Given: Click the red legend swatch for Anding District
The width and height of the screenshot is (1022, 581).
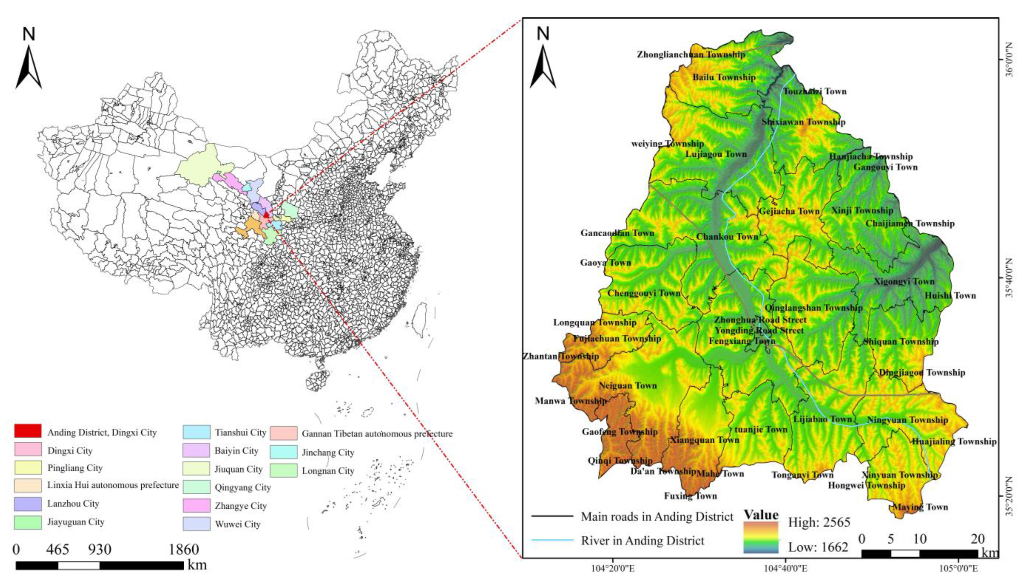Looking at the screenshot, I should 28,431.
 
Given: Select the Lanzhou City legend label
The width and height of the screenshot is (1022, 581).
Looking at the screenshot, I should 73,504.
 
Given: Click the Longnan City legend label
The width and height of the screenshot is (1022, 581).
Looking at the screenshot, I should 328,471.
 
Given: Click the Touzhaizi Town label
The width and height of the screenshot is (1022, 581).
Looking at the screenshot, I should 815,92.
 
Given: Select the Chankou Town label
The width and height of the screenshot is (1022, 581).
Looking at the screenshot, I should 727,237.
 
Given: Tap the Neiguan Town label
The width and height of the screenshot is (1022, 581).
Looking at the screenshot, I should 628,385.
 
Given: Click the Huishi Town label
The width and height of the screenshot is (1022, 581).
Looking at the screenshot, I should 950,296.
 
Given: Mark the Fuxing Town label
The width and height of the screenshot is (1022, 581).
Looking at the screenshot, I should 690,496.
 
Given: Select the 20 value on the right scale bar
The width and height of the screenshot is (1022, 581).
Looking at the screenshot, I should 977,539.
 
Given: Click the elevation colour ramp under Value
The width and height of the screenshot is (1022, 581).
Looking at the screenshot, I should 761,537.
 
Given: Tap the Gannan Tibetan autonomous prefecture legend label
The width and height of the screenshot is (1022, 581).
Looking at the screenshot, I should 377,434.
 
